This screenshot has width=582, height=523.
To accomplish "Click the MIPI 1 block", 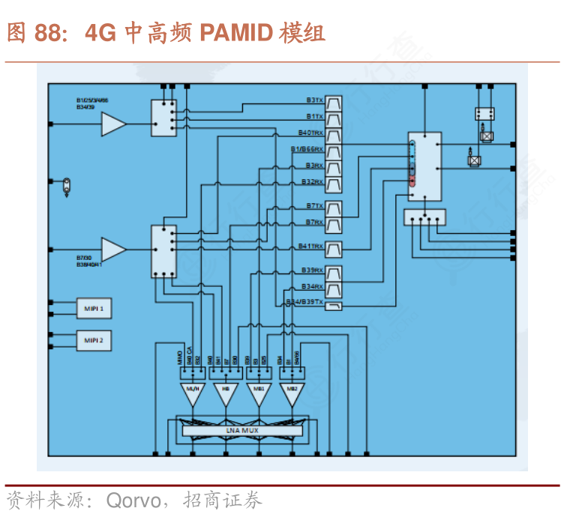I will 94,308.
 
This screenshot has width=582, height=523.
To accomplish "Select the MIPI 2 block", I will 94,340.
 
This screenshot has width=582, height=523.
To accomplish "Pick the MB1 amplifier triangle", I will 259,393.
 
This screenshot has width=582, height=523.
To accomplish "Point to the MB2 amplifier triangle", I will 292,393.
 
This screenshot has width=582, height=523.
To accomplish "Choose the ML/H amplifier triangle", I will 191,393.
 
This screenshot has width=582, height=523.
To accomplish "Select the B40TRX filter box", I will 333,135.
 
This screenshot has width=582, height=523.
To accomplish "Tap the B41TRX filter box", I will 333,248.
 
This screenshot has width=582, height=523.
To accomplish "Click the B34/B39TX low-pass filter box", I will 333,304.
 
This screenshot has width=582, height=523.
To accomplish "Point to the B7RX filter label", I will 313,223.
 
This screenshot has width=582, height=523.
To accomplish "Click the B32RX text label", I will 312,182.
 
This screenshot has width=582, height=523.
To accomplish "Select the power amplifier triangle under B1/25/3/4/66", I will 113,124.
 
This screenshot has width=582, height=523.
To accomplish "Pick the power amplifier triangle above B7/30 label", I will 113,249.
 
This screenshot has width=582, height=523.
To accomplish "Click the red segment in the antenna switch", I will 412,181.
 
